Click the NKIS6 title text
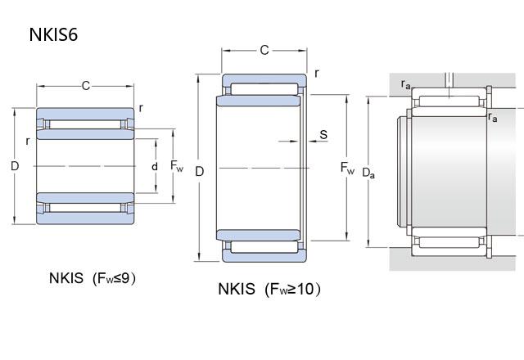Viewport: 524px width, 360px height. click(53, 34)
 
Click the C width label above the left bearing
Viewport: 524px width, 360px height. click(86, 84)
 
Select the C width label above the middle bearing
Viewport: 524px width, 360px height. click(264, 51)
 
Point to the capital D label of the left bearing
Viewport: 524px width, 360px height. click(15, 166)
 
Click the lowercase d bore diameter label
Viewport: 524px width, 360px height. click(155, 166)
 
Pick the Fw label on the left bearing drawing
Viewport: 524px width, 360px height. click(177, 166)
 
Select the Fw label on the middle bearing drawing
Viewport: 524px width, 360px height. click(348, 170)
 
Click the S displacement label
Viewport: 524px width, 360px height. click(323, 133)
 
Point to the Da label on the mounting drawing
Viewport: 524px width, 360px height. click(369, 172)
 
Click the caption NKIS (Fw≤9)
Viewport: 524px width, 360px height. click(92, 278)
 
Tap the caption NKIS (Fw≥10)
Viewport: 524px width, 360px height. click(269, 289)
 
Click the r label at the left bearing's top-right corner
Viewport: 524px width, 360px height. click(141, 107)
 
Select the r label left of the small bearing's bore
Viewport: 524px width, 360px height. click(27, 141)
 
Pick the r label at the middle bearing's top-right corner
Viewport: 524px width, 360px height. click(316, 73)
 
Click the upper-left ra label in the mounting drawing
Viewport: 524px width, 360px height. click(406, 84)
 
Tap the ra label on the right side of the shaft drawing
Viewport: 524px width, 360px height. click(492, 117)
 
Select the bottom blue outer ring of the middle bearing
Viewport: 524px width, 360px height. click(264, 254)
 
